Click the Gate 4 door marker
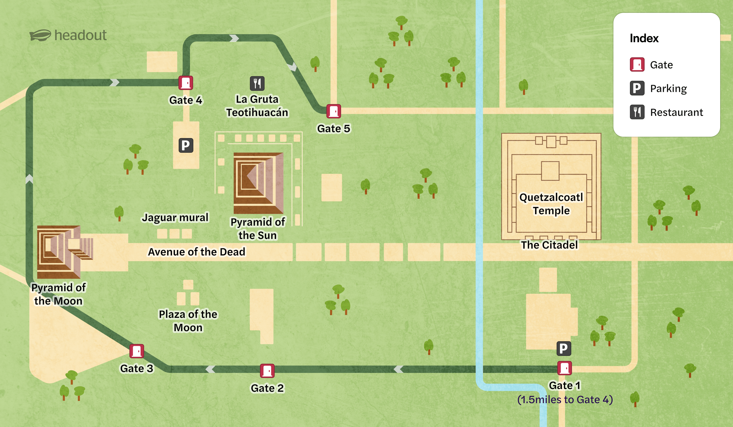point(186,83)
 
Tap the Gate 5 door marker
point(334,111)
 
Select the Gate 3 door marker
point(137,351)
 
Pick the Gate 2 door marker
point(267,371)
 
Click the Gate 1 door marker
point(564,368)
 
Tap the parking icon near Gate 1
point(564,348)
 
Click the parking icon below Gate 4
point(186,145)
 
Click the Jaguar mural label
point(175,218)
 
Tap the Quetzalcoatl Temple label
point(551,204)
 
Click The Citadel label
point(549,245)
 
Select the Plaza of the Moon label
point(188,321)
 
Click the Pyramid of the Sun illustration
point(258,183)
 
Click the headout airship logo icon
point(40,36)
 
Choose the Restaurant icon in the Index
point(637,112)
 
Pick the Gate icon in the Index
point(637,65)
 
